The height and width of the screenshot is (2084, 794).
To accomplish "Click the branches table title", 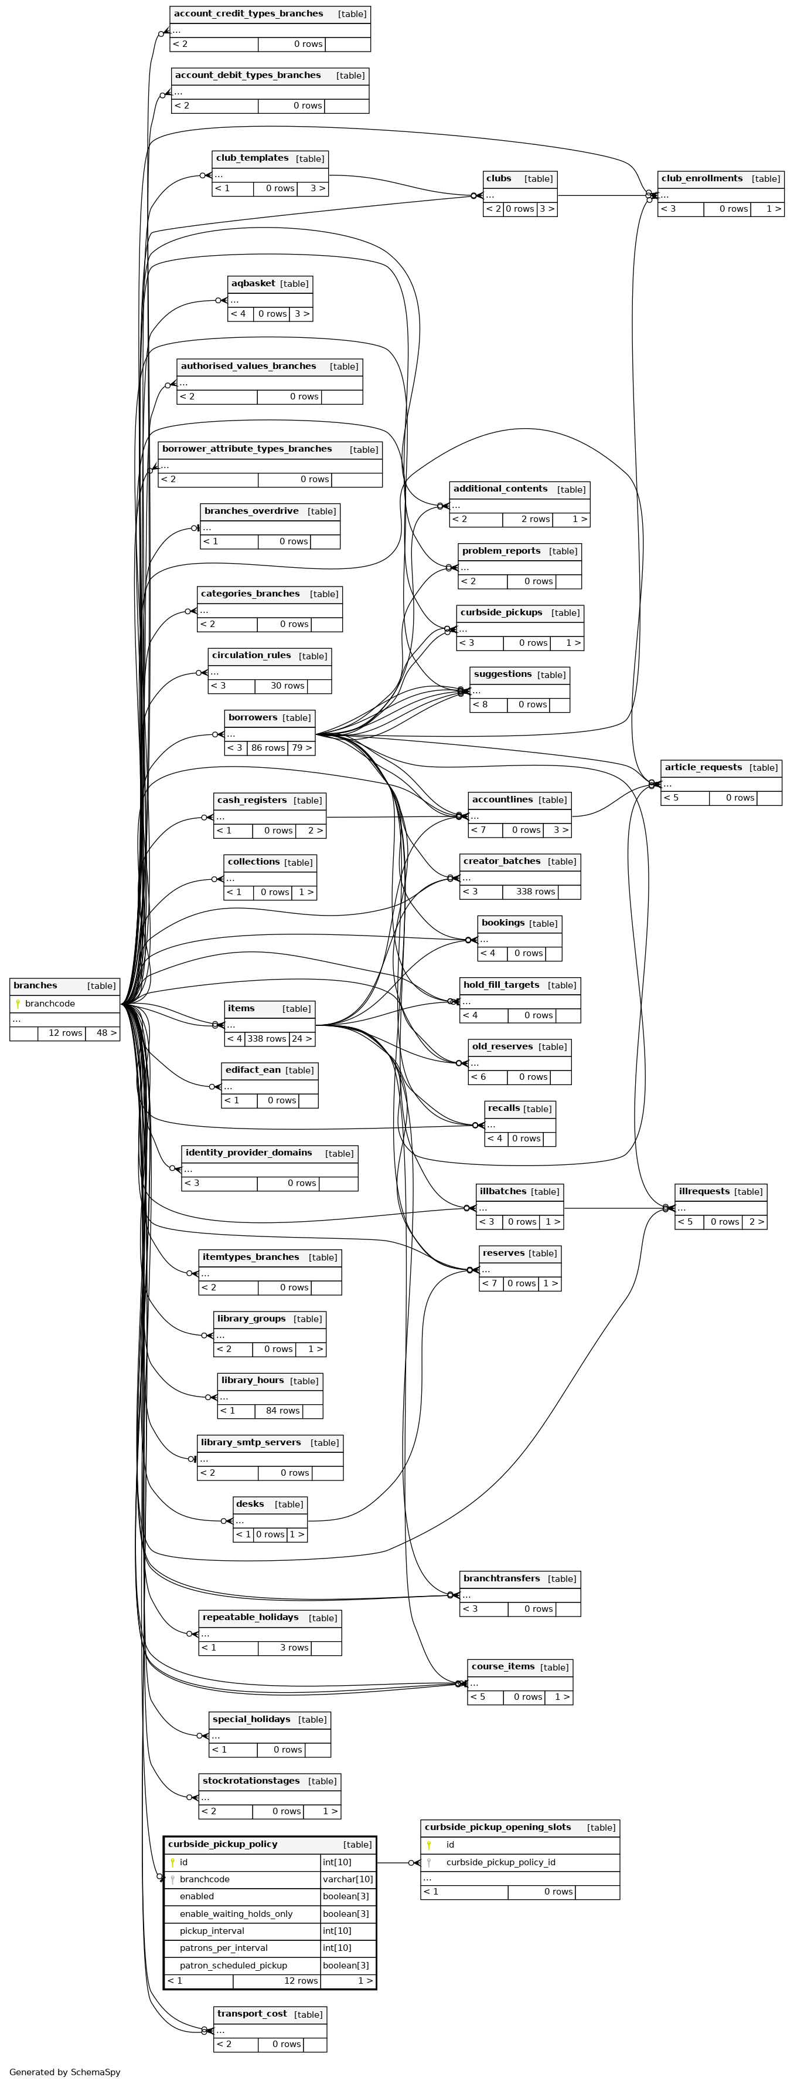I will click(36, 985).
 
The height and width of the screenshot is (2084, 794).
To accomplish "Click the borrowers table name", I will click(253, 717).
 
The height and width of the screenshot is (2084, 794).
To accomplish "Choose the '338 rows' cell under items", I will click(266, 1039).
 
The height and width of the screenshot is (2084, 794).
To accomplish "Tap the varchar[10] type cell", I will click(347, 1879).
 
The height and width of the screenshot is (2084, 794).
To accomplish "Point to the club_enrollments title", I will click(701, 178).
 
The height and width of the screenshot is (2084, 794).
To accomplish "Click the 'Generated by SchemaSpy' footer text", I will click(64, 2072).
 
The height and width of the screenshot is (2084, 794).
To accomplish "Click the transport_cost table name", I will click(251, 2014).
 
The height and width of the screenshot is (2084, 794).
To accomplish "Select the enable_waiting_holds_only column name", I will click(236, 1914).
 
